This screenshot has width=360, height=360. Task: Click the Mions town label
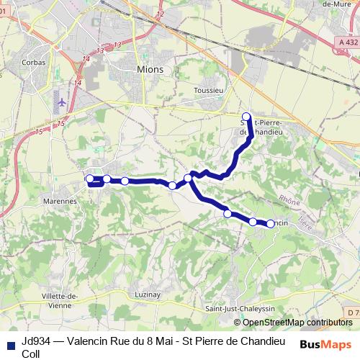(150, 69)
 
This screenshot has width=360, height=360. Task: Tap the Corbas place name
(33, 63)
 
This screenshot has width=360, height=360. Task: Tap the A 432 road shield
(348, 44)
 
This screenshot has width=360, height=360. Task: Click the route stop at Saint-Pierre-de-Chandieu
(246, 117)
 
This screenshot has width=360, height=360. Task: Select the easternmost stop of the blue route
(271, 224)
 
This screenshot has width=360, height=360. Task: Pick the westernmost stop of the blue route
(90, 179)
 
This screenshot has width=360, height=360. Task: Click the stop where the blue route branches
(188, 178)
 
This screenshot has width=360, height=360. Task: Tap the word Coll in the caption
(31, 353)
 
